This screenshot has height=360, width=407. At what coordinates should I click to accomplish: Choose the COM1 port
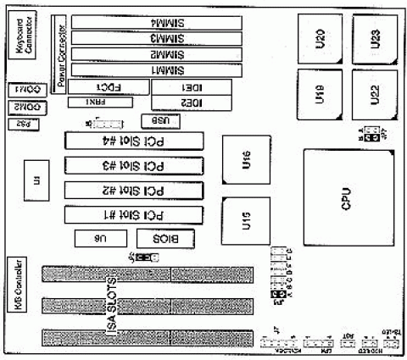point(25,89)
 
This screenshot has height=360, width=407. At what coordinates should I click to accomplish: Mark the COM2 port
point(25,107)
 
